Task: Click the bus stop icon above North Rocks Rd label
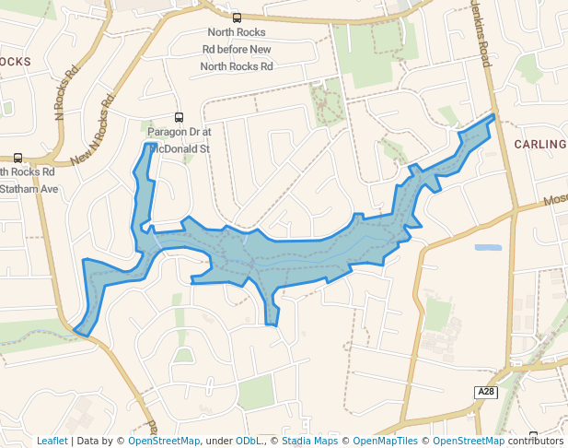tap(237, 18)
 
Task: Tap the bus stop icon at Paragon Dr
tap(179, 117)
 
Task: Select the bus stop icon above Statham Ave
tap(18, 158)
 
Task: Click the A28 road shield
tap(486, 393)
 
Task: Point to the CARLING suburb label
tap(540, 145)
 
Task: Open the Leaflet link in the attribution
tap(52, 442)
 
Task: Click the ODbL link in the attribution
tap(247, 442)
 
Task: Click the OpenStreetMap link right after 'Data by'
tap(164, 442)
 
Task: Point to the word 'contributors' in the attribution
tap(536, 442)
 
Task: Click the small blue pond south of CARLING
tap(488, 247)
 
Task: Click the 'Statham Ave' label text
tap(29, 189)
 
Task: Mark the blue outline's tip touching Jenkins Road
tap(493, 116)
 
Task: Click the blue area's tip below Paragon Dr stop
tap(146, 144)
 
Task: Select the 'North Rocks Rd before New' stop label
tap(238, 50)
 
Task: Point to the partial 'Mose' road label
tap(555, 199)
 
